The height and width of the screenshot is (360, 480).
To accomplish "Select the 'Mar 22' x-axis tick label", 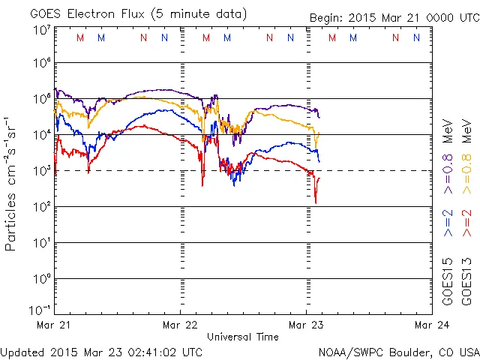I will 181,325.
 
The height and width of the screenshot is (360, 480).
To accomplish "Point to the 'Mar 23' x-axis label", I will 306,325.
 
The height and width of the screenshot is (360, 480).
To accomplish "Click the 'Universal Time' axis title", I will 242,337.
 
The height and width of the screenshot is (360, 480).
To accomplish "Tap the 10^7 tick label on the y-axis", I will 40,29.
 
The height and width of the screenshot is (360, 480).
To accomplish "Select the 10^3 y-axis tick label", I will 40,170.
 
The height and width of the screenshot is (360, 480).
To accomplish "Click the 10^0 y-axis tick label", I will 40,278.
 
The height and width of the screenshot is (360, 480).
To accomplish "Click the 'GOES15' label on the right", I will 448,280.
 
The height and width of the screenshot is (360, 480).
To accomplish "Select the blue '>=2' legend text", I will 448,224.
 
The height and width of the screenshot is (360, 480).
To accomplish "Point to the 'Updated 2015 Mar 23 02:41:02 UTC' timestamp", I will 101,351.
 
